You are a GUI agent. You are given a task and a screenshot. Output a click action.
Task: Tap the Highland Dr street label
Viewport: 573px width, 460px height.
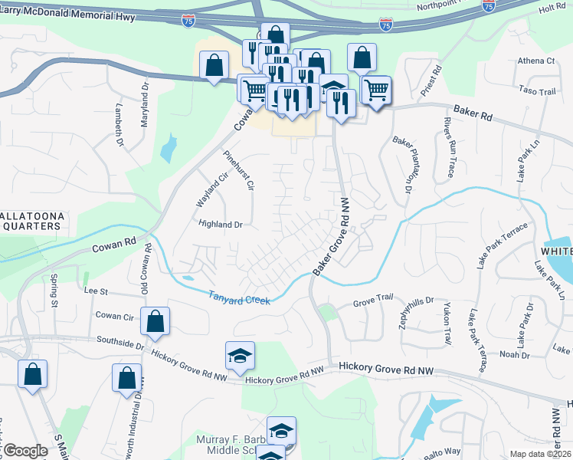221,225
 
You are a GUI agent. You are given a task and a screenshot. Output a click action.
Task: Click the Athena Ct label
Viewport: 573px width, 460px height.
535,61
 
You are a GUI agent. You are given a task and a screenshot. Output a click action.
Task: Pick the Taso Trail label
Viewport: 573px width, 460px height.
536,91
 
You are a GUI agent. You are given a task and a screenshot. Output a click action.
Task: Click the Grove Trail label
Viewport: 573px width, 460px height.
372,305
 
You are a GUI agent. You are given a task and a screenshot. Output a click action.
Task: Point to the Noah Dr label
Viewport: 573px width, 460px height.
514,355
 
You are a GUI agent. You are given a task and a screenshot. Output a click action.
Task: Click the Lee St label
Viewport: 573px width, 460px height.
95,291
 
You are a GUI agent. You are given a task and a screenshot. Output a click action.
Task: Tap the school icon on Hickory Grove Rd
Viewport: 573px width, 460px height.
240,355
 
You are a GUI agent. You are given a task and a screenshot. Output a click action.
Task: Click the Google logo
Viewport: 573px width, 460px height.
25,451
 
